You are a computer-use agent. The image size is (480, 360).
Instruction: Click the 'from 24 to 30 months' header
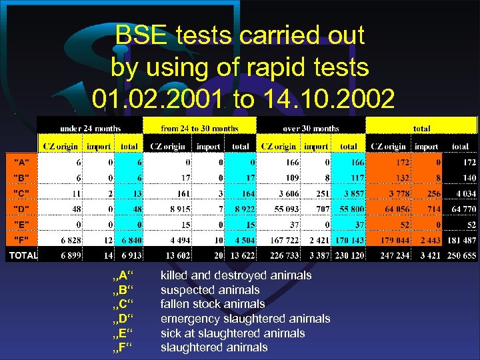click(200, 128)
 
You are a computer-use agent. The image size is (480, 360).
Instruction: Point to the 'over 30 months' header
click(310, 128)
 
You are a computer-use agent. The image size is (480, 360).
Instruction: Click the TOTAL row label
click(22, 255)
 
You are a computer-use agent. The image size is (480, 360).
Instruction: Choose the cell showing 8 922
click(241, 209)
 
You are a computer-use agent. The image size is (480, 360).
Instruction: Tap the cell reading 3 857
click(349, 193)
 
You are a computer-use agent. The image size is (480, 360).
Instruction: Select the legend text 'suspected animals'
click(210, 290)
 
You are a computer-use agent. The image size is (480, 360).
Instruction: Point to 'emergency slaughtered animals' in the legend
click(245, 319)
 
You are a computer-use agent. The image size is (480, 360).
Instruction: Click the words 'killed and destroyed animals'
click(236, 275)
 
